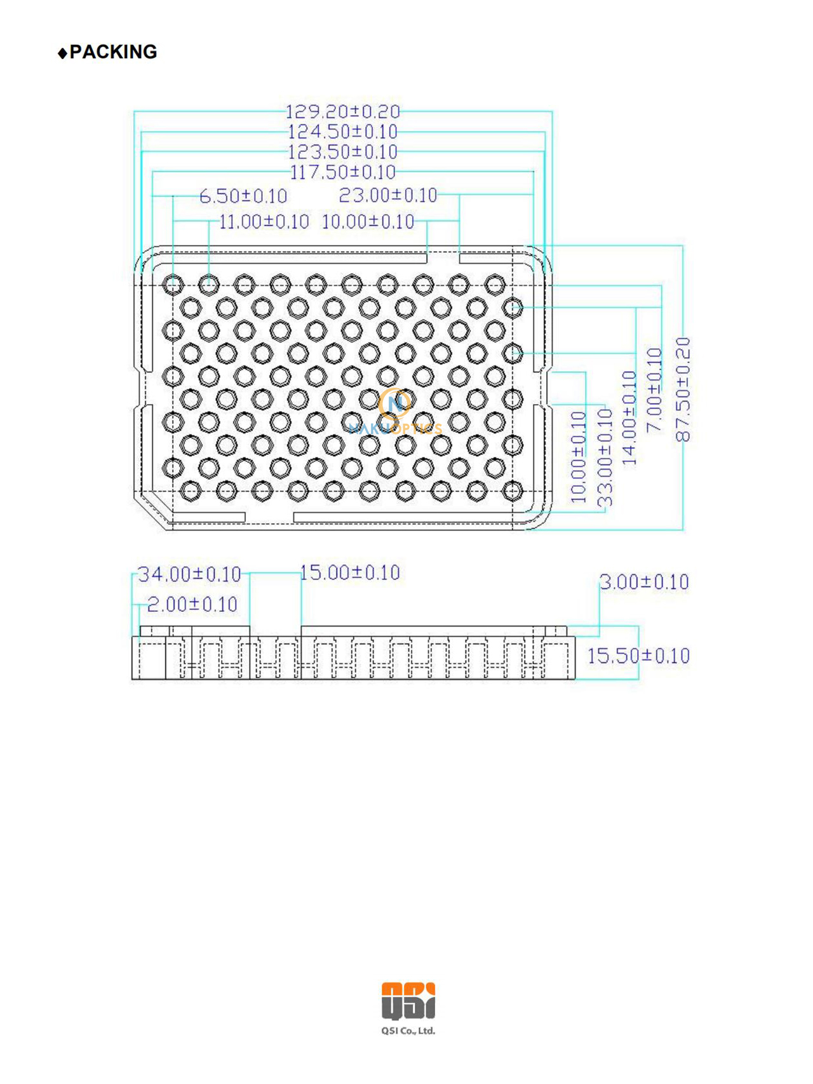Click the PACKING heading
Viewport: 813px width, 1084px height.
tap(113, 52)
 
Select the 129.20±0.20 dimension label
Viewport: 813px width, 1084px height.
tap(342, 112)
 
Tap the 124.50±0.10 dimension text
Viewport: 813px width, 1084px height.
tap(342, 132)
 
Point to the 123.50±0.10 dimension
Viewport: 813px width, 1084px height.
tap(342, 152)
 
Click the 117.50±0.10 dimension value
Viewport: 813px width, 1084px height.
tap(342, 172)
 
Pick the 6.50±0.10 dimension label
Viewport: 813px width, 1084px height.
tap(243, 196)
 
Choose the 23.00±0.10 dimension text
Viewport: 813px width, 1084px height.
tap(387, 196)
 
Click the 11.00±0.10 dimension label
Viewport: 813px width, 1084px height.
tap(264, 222)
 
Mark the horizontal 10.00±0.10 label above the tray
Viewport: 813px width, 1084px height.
tap(368, 222)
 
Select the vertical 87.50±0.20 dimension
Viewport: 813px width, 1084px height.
tap(683, 390)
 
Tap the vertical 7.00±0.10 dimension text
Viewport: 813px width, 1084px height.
tap(654, 390)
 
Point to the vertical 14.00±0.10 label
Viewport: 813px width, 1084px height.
tap(629, 418)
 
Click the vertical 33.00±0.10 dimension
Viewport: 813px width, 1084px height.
tap(605, 457)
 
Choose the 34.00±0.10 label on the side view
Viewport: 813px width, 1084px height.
tap(189, 574)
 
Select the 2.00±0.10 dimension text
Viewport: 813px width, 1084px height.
tap(192, 604)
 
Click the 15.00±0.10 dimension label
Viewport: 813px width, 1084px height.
tap(349, 572)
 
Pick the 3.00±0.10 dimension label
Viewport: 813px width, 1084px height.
tap(644, 582)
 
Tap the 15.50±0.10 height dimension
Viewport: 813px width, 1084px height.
tap(638, 656)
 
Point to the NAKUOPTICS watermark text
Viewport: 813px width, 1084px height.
tap(395, 429)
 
